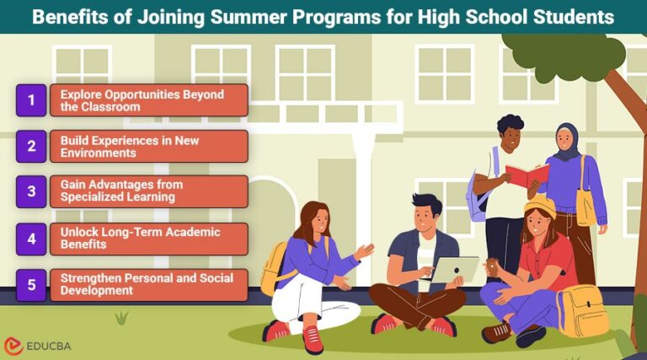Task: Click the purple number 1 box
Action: click(31, 100)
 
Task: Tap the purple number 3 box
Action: click(31, 191)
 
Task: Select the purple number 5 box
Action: click(31, 285)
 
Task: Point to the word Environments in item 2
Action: click(99, 153)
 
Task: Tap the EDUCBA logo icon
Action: click(13, 346)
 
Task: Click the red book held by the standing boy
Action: click(527, 175)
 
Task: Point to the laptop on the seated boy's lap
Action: click(454, 270)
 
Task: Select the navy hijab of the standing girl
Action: click(567, 142)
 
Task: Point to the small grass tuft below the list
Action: click(121, 318)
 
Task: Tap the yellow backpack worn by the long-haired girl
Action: click(272, 268)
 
